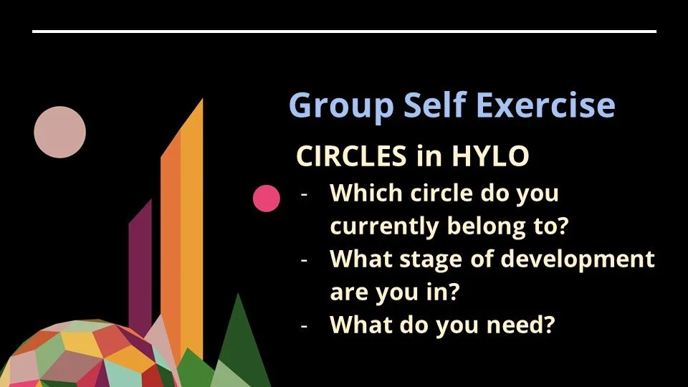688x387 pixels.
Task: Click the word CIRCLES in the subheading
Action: tap(349, 156)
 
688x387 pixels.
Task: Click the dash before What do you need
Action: tap(305, 325)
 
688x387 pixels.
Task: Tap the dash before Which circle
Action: tap(305, 194)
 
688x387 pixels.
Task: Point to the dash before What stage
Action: tap(305, 259)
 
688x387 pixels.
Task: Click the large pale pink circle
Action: tap(60, 132)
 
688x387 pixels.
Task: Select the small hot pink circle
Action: tap(267, 199)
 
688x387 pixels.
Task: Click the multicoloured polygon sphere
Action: tap(79, 358)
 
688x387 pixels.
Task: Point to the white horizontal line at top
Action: tap(344, 32)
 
